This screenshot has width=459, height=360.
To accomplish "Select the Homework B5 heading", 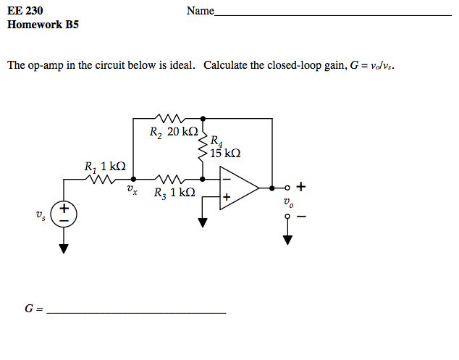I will (43, 25).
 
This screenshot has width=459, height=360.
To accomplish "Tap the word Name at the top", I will (200, 11).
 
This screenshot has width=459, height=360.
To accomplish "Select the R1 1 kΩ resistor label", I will (105, 165).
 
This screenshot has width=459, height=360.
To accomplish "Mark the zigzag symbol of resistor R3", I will (169, 178).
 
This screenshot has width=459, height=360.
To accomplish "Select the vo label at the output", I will (288, 204).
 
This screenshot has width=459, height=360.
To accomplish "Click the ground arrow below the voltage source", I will (64, 248).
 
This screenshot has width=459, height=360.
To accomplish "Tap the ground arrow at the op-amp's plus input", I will (202, 222).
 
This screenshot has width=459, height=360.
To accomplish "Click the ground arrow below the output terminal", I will (287, 239).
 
